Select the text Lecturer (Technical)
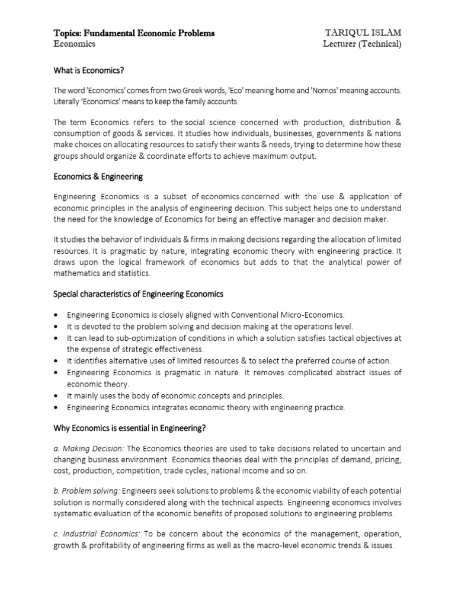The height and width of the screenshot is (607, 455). pyautogui.click(x=362, y=44)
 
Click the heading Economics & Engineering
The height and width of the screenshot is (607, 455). pyautogui.click(x=98, y=177)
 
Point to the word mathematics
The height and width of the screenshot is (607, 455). pyautogui.click(x=79, y=273)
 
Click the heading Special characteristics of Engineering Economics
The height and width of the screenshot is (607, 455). pyautogui.click(x=138, y=294)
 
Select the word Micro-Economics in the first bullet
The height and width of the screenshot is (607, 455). pyautogui.click(x=313, y=315)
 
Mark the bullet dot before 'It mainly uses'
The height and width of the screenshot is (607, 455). pyautogui.click(x=55, y=395)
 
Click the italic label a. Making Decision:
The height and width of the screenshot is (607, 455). pyautogui.click(x=89, y=449)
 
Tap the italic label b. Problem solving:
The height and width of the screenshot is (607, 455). pyautogui.click(x=86, y=491)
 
